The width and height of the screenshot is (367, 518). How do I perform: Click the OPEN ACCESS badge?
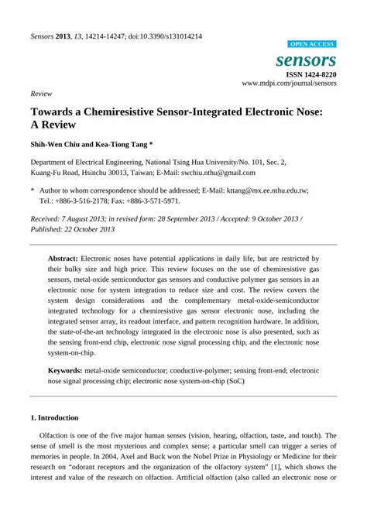tap(311, 44)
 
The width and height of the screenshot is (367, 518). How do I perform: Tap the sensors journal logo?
tap(306, 60)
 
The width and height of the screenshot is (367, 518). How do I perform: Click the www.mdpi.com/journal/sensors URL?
tap(289, 83)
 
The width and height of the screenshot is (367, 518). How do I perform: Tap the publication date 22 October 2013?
tap(88, 229)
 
